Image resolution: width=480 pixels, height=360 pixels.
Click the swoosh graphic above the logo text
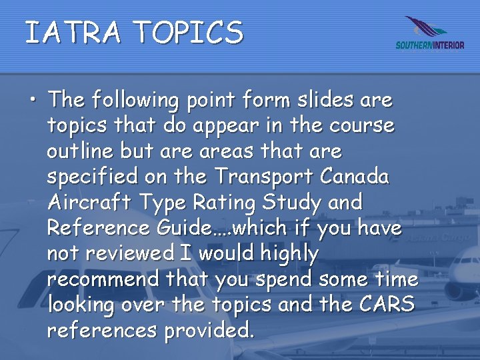point(427,28)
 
